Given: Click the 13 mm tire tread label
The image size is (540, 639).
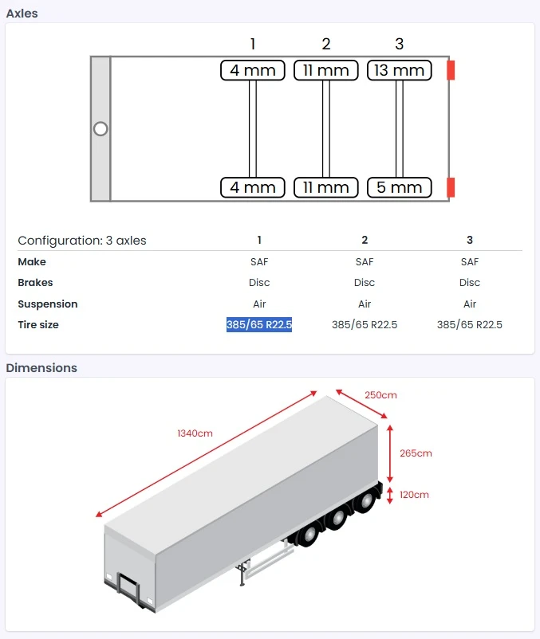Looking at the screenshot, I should pyautogui.click(x=399, y=70).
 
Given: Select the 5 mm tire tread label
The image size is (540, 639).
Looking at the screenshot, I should pyautogui.click(x=399, y=187).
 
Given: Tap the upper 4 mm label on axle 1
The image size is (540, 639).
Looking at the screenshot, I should pyautogui.click(x=253, y=70).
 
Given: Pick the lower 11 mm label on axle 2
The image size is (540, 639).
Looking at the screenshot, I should pyautogui.click(x=325, y=187).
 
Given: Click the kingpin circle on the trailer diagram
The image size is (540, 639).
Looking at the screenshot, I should pyautogui.click(x=101, y=128).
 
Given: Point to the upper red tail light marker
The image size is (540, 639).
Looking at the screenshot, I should pyautogui.click(x=451, y=70).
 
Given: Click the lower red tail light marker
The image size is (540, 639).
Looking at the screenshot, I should pyautogui.click(x=451, y=187).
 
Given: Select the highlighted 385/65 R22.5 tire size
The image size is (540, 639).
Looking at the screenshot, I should pyautogui.click(x=259, y=325).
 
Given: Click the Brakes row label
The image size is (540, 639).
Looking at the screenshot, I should pyautogui.click(x=35, y=283).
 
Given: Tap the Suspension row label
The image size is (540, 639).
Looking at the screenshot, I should pyautogui.click(x=48, y=304).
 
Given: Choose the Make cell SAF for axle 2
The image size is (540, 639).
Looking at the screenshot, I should pyautogui.click(x=365, y=262).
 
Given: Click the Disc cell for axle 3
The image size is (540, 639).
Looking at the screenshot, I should pyautogui.click(x=470, y=283).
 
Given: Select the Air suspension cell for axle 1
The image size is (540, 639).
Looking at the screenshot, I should pyautogui.click(x=259, y=304).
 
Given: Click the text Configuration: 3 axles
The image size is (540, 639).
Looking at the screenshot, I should pyautogui.click(x=82, y=241).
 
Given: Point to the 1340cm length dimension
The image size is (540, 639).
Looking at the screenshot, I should pyautogui.click(x=195, y=433).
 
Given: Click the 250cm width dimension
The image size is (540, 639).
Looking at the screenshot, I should pyautogui.click(x=380, y=395).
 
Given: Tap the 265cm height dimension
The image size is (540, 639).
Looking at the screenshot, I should pyautogui.click(x=416, y=453).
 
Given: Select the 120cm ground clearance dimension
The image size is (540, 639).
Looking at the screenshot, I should pyautogui.click(x=414, y=495).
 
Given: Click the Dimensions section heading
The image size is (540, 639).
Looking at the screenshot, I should pyautogui.click(x=41, y=368).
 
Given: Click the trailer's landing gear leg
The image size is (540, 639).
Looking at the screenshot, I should pyautogui.click(x=241, y=575).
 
